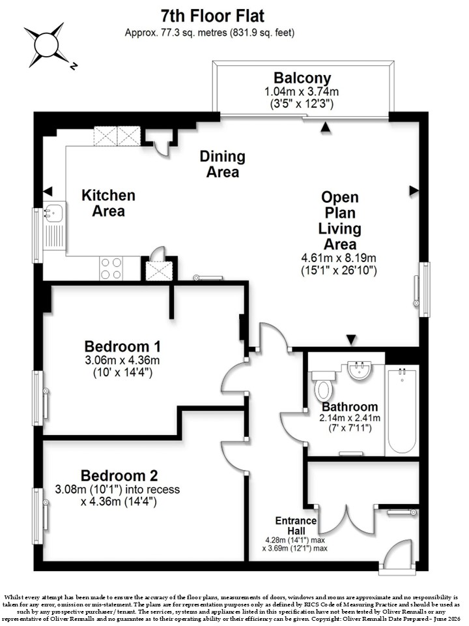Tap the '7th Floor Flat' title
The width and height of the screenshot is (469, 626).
click(212, 16)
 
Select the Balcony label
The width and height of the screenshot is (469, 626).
click(302, 78)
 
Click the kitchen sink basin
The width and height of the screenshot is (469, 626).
click(53, 213)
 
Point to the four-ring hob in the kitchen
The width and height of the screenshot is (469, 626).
click(111, 268)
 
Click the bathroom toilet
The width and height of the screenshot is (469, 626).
click(323, 386)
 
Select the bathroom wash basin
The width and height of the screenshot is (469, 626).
click(360, 371)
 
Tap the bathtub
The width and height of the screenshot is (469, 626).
click(402, 410)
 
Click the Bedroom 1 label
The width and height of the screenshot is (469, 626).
click(122, 346)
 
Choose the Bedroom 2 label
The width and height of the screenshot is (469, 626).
click(119, 475)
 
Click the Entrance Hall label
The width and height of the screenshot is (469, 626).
click(296, 526)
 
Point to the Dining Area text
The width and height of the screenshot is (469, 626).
click(223, 164)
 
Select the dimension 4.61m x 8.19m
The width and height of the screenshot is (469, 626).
click(339, 258)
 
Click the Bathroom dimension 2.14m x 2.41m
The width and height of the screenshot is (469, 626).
click(350, 418)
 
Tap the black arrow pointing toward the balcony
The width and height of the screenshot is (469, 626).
click(326, 127)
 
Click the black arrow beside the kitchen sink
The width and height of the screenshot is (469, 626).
click(48, 191)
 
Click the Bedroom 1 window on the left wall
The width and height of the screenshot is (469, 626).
click(38, 398)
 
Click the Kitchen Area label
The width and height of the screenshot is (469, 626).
click(109, 203)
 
